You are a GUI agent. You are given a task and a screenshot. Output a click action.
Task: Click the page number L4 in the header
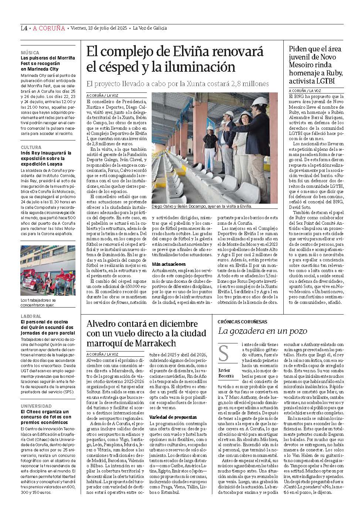tap(24, 28)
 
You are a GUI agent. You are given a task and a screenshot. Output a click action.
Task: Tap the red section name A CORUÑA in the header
tap(49, 28)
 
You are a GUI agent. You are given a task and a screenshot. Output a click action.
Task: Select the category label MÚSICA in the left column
tap(30, 53)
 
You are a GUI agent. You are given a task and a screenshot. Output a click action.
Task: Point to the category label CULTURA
tap(31, 147)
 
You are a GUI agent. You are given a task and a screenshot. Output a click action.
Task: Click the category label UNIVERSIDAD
tap(36, 406)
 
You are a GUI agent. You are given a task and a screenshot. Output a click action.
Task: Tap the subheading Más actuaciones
tap(169, 264)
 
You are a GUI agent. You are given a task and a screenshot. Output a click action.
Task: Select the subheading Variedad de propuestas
tap(173, 417)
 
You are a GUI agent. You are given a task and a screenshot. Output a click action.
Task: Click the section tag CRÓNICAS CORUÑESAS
tap(242, 322)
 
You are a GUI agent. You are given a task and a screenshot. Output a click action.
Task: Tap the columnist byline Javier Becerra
tap(226, 373)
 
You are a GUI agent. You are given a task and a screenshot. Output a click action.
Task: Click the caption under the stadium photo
tap(202, 206)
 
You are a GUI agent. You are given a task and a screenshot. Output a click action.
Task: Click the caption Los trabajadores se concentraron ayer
tap(38, 302)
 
